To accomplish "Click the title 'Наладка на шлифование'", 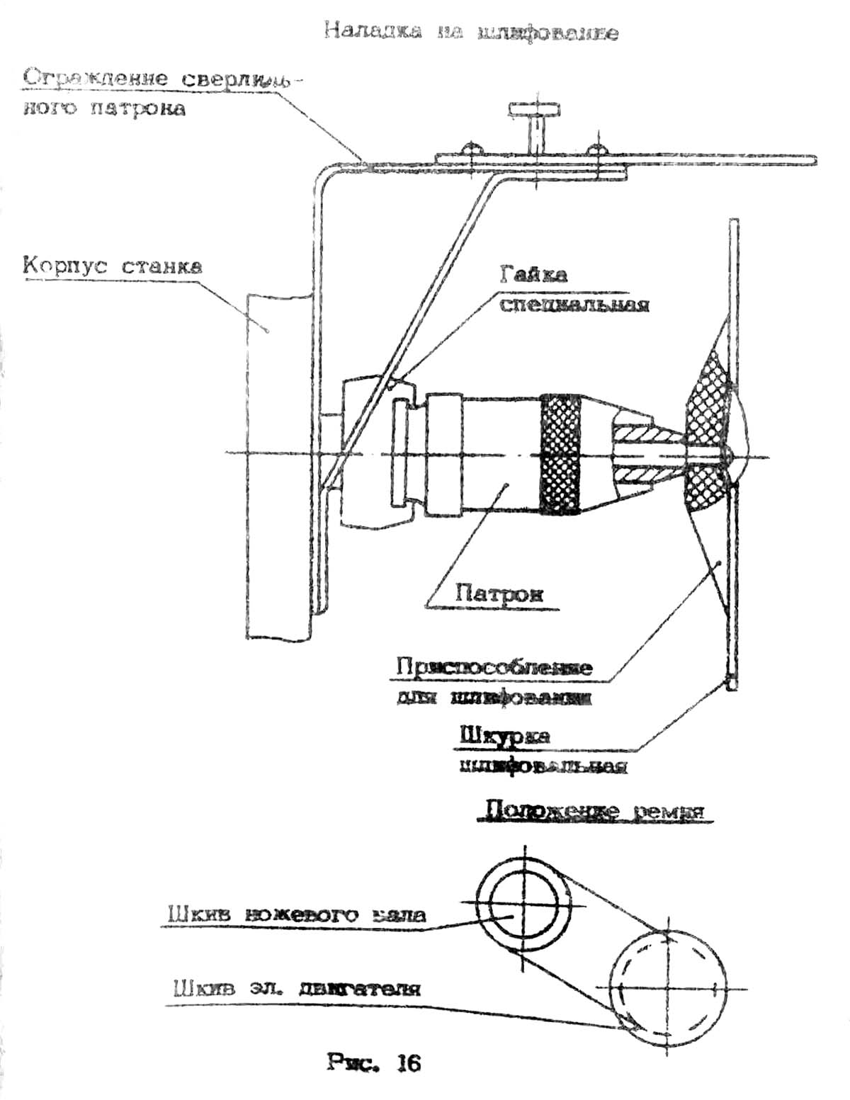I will (x=471, y=32).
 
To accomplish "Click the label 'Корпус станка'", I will (x=112, y=266).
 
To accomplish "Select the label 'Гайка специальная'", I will (x=574, y=290).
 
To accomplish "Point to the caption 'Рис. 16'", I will (x=374, y=1062).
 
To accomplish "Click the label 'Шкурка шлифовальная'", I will (x=543, y=751).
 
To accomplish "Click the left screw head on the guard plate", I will (x=471, y=148).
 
